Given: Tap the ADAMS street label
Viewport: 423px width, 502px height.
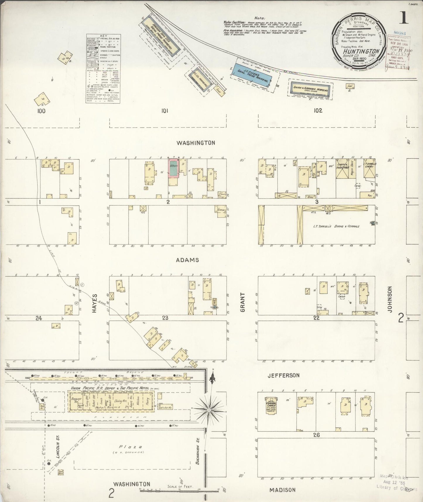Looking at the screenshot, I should tap(188, 260).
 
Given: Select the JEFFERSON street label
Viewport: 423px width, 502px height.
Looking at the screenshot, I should tap(283, 375).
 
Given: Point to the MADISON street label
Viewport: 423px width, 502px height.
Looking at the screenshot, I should tap(282, 490).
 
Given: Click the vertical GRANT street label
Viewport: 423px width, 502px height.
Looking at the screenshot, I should tap(243, 302).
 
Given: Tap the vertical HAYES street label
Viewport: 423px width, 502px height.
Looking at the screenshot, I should tap(94, 303).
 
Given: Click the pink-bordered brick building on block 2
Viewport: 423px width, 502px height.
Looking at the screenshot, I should tap(174, 168).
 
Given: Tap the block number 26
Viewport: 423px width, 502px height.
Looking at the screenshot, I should tap(316, 435).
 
